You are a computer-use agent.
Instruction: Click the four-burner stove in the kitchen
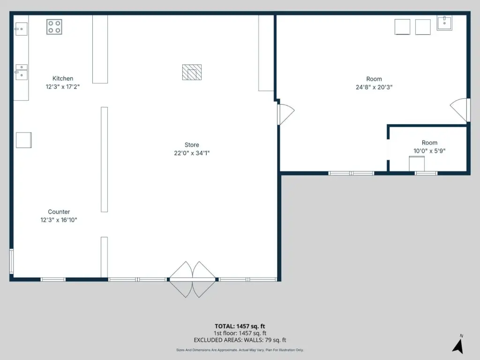point(54,27)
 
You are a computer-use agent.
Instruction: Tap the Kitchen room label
point(63,78)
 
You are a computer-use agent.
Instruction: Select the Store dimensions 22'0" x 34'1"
point(192,153)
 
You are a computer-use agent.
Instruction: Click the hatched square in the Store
point(192,72)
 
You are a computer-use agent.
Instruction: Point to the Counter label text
point(59,212)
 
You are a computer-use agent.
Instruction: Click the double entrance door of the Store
point(192,279)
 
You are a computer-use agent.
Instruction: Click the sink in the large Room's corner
point(444,23)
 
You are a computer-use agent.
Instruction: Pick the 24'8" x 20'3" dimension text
point(374,87)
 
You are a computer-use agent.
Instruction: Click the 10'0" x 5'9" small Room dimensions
point(429,151)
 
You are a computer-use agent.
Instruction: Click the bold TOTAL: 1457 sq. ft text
point(240,326)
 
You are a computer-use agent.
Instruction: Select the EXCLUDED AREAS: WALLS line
point(240,340)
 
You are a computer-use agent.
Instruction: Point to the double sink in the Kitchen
point(22,72)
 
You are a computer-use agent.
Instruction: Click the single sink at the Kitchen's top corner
point(21,29)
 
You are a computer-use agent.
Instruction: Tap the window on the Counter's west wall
point(12,261)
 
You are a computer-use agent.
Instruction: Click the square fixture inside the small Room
point(417,164)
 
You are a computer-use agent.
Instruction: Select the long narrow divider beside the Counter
point(105,159)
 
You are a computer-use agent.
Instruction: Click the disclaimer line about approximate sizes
point(240,350)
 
